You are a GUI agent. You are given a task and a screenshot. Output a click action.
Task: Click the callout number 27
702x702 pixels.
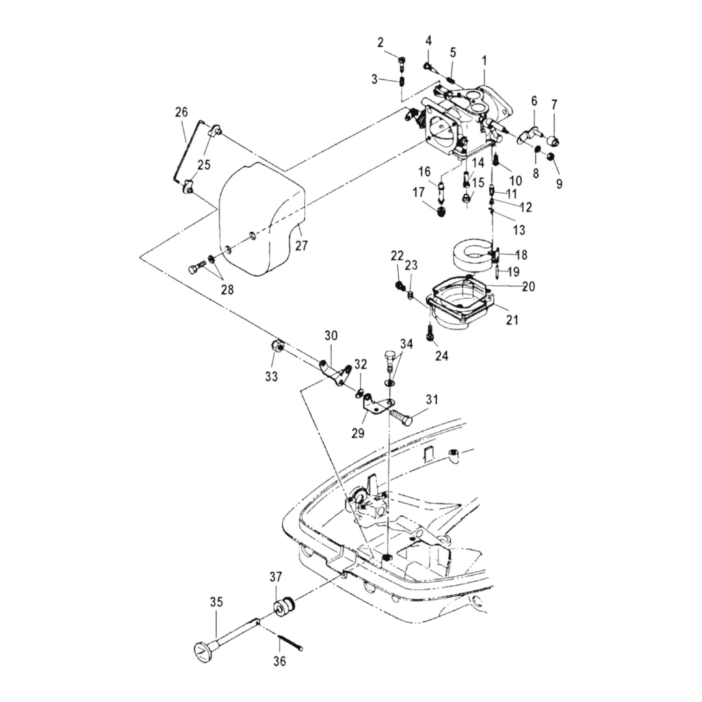tap(301, 245)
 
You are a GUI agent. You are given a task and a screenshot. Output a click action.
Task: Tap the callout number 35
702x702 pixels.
tap(216, 602)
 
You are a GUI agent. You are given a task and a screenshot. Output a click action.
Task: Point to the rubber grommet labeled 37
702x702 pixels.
tap(284, 608)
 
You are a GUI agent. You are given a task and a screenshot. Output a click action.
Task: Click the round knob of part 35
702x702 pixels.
tap(202, 650)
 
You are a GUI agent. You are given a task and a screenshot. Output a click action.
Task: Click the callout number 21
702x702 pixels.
tap(512, 320)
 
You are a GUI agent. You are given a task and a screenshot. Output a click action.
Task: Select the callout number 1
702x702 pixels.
tap(484, 61)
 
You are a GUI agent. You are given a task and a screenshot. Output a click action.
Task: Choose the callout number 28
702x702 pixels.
tap(227, 290)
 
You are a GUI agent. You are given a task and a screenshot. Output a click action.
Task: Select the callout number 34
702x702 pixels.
tap(406, 344)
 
